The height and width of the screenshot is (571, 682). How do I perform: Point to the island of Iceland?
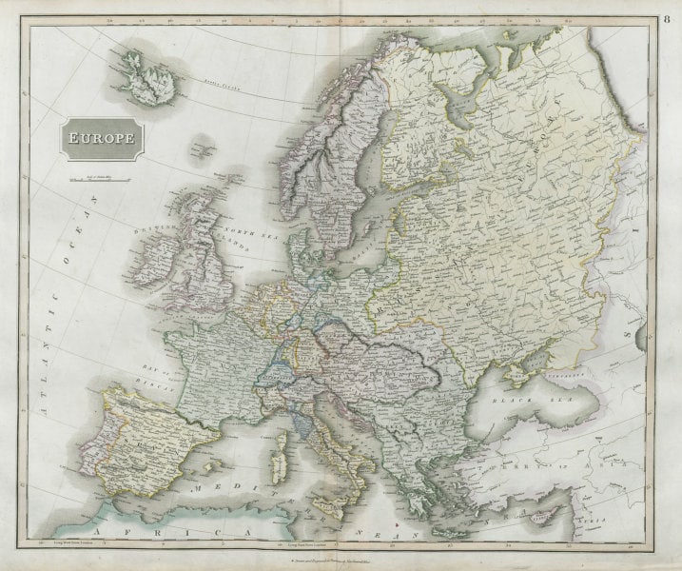[x=146, y=75]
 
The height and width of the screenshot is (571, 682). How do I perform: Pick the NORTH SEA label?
[x=244, y=231]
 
